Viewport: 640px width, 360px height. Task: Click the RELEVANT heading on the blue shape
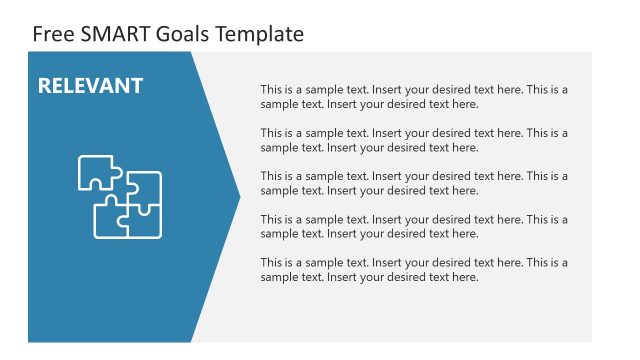point(90,86)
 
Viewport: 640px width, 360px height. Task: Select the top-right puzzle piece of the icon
point(144,187)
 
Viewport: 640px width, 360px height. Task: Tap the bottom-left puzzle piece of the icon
point(111,219)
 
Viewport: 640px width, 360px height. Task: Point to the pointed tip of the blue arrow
point(238,196)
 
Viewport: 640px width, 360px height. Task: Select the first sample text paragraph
point(414,96)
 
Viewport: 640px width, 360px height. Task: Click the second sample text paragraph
point(414,139)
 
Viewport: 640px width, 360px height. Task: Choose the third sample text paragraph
point(414,182)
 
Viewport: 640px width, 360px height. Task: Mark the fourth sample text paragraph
point(414,226)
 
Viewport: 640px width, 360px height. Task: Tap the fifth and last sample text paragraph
point(414,269)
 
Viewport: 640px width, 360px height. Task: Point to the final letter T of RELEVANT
point(136,86)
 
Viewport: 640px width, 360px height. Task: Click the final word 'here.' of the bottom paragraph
point(466,276)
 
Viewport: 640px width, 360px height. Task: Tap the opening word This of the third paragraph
point(271,176)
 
